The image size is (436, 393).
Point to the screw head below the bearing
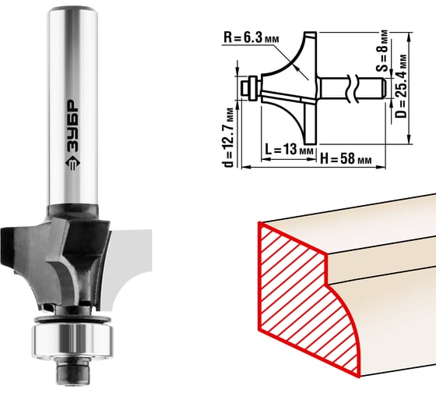coord(73,373)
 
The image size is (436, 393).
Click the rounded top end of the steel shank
coord(72,11)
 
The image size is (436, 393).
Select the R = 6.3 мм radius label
coord(251,37)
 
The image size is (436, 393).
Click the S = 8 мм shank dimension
coord(384,51)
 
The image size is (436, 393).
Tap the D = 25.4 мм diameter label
coord(402,87)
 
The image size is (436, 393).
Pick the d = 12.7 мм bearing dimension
coord(229,137)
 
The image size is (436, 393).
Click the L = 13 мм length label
coord(289,149)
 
